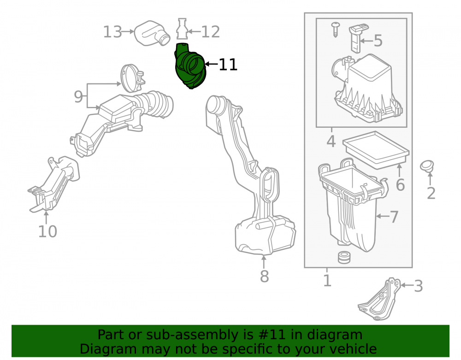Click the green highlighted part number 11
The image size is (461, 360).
click(x=190, y=66)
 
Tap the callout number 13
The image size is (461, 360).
click(x=112, y=32)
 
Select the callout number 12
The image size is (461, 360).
click(x=211, y=32)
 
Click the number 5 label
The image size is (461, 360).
click(x=378, y=41)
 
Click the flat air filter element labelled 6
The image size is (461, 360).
click(x=376, y=150)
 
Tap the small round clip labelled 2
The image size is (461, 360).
click(x=427, y=166)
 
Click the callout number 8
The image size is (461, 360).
click(x=264, y=276)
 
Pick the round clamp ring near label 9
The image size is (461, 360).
click(x=132, y=79)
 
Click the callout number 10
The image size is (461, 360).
click(x=47, y=231)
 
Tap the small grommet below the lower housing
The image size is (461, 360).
click(x=344, y=257)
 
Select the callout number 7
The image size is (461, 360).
click(x=394, y=217)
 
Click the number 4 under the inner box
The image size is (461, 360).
click(x=331, y=142)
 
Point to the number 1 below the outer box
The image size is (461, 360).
click(x=327, y=281)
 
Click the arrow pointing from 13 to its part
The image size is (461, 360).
click(x=128, y=31)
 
